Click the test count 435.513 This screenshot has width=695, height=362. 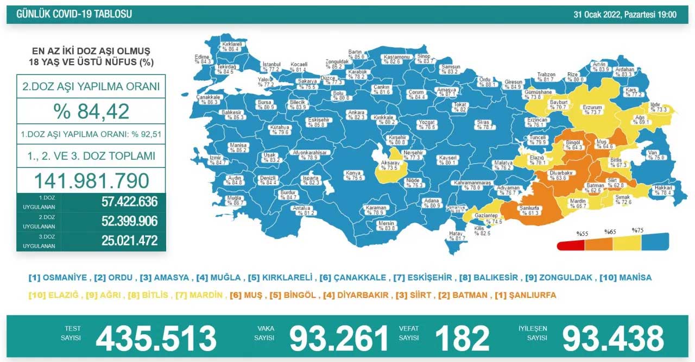(156, 338)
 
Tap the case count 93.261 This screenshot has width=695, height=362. (339, 338)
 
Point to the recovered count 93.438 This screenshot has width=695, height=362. (613, 338)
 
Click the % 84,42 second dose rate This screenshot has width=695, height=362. (91, 111)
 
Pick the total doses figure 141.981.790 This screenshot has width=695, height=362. (91, 180)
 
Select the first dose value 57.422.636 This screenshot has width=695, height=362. (129, 202)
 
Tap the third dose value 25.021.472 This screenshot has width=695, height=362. (129, 240)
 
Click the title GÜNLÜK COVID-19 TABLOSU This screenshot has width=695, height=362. (74, 14)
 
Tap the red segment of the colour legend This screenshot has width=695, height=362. (571, 245)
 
